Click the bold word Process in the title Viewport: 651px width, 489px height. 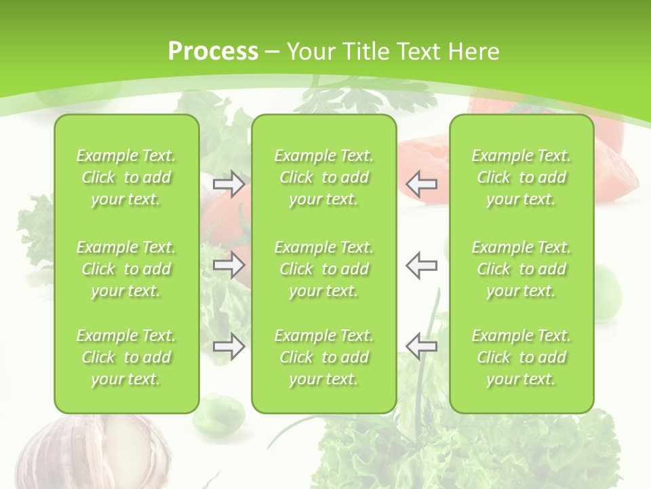click(x=213, y=52)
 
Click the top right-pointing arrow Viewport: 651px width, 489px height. click(x=229, y=184)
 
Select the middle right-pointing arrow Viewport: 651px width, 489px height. click(x=229, y=265)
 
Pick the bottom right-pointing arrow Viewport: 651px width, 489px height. click(x=229, y=346)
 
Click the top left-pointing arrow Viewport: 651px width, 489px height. click(x=421, y=184)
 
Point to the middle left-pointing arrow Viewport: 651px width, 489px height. click(x=421, y=265)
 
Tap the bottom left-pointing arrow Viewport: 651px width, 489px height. click(x=421, y=346)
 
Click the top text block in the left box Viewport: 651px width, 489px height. click(x=126, y=177)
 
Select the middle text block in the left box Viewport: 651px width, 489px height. click(x=126, y=269)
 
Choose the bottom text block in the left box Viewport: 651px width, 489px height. click(x=126, y=357)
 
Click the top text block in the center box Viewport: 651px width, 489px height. click(x=323, y=177)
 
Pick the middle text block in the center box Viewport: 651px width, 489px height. click(x=323, y=269)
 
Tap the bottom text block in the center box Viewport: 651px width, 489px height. click(x=323, y=357)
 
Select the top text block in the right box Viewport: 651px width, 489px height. click(x=521, y=177)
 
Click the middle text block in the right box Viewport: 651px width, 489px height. click(x=521, y=269)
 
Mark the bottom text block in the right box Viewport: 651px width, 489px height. click(x=521, y=357)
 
